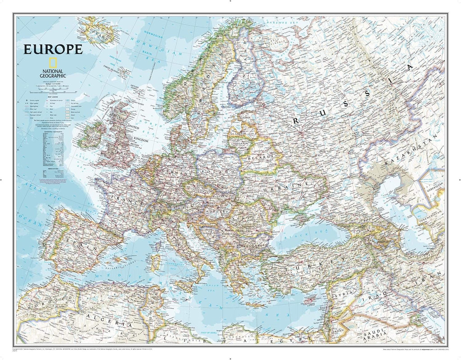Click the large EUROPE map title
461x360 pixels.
coord(53,49)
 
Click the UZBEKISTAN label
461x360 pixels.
coord(436,189)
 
